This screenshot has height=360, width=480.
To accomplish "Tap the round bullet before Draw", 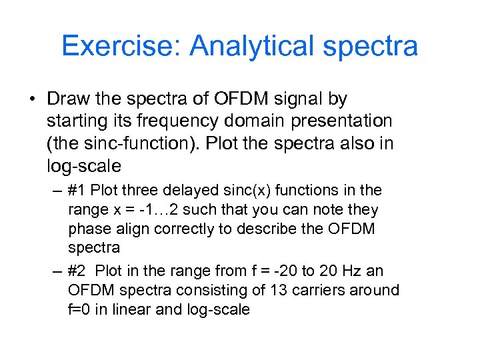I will [x=32, y=100].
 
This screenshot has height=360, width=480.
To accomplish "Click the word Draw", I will [x=68, y=99].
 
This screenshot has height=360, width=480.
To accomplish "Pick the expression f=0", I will [x=82, y=310].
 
